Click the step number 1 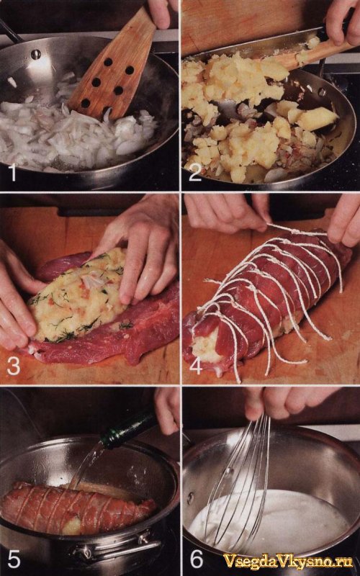(14, 173)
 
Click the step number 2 (195, 173)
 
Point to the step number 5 (14, 559)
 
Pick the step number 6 (196, 559)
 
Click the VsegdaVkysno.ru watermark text (288, 561)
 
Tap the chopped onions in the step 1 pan (73, 132)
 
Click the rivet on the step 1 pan (36, 55)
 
